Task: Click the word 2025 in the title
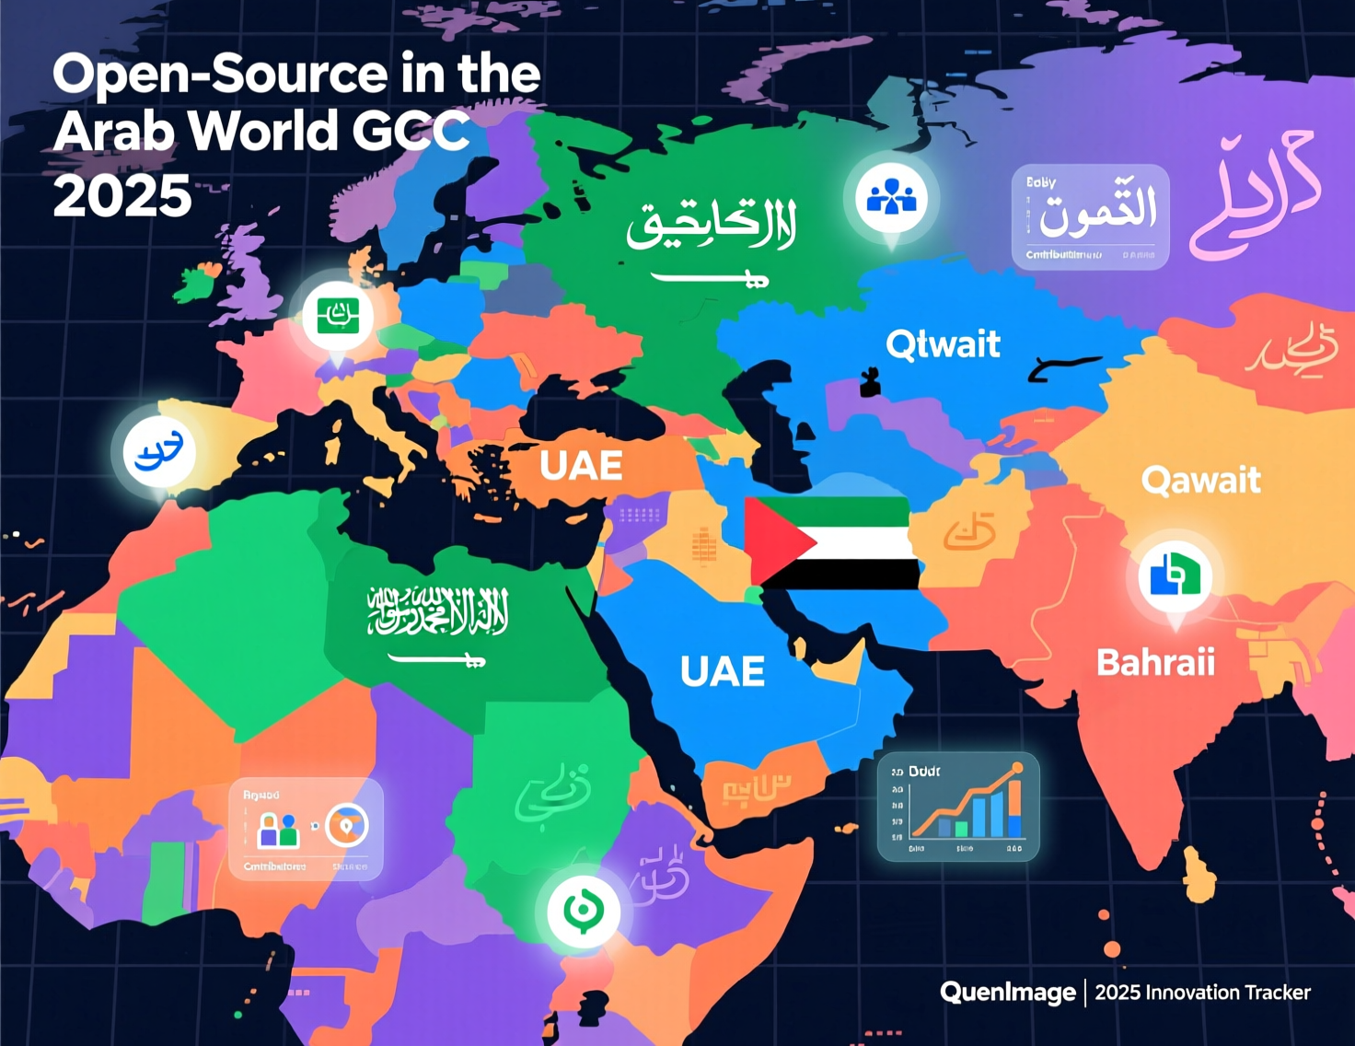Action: pyautogui.click(x=122, y=196)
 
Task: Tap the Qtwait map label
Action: pyautogui.click(x=943, y=344)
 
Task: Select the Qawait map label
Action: pyautogui.click(x=1200, y=480)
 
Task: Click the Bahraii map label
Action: pyautogui.click(x=1155, y=662)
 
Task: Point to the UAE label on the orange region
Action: pyautogui.click(x=581, y=466)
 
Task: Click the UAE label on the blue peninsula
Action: pyautogui.click(x=723, y=671)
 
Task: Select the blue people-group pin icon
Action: pyautogui.click(x=891, y=197)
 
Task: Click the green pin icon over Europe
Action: pyautogui.click(x=338, y=317)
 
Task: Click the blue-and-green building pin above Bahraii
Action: pyautogui.click(x=1175, y=576)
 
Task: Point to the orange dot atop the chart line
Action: pyautogui.click(x=1017, y=768)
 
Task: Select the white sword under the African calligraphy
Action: pyautogui.click(x=436, y=658)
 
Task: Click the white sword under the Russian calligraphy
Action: pyautogui.click(x=709, y=277)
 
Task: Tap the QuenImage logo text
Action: pyautogui.click(x=1007, y=992)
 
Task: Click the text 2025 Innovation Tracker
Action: pyautogui.click(x=1202, y=993)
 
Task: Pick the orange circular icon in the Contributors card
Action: pyautogui.click(x=347, y=826)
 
